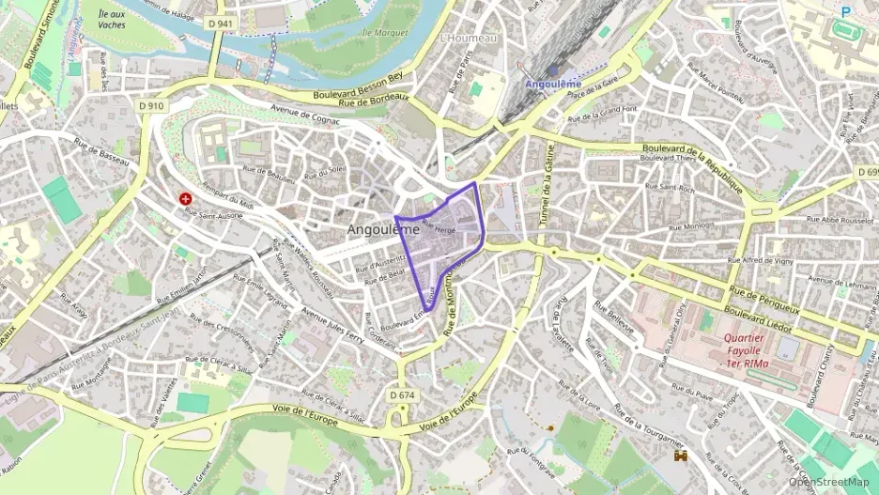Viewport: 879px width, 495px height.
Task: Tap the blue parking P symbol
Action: tap(846, 12)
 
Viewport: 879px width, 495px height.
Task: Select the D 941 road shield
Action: tap(221, 23)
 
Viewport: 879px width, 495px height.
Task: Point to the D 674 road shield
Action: tap(401, 395)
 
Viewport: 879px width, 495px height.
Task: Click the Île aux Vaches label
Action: tap(111, 19)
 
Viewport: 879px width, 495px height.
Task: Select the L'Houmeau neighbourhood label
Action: tap(468, 39)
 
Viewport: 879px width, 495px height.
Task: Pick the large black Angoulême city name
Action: tap(383, 229)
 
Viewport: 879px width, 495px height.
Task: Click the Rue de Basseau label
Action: tap(100, 153)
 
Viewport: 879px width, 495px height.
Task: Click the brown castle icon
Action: tap(681, 456)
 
